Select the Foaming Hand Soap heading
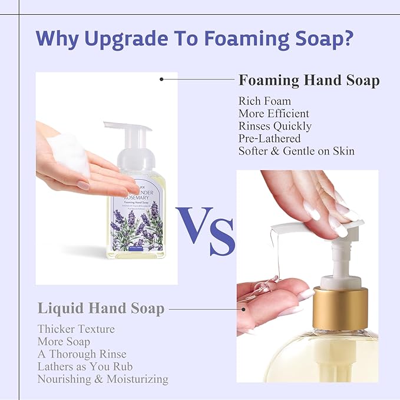pos(309,80)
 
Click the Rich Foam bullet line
pos(265,101)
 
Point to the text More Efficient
pos(274,114)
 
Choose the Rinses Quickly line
pos(275,126)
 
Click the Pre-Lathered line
pos(269,138)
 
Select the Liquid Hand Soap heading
pos(101,308)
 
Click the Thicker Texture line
pos(76,329)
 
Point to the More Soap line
pos(64,341)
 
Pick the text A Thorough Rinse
pos(78,353)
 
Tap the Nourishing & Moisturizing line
pos(103,379)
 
